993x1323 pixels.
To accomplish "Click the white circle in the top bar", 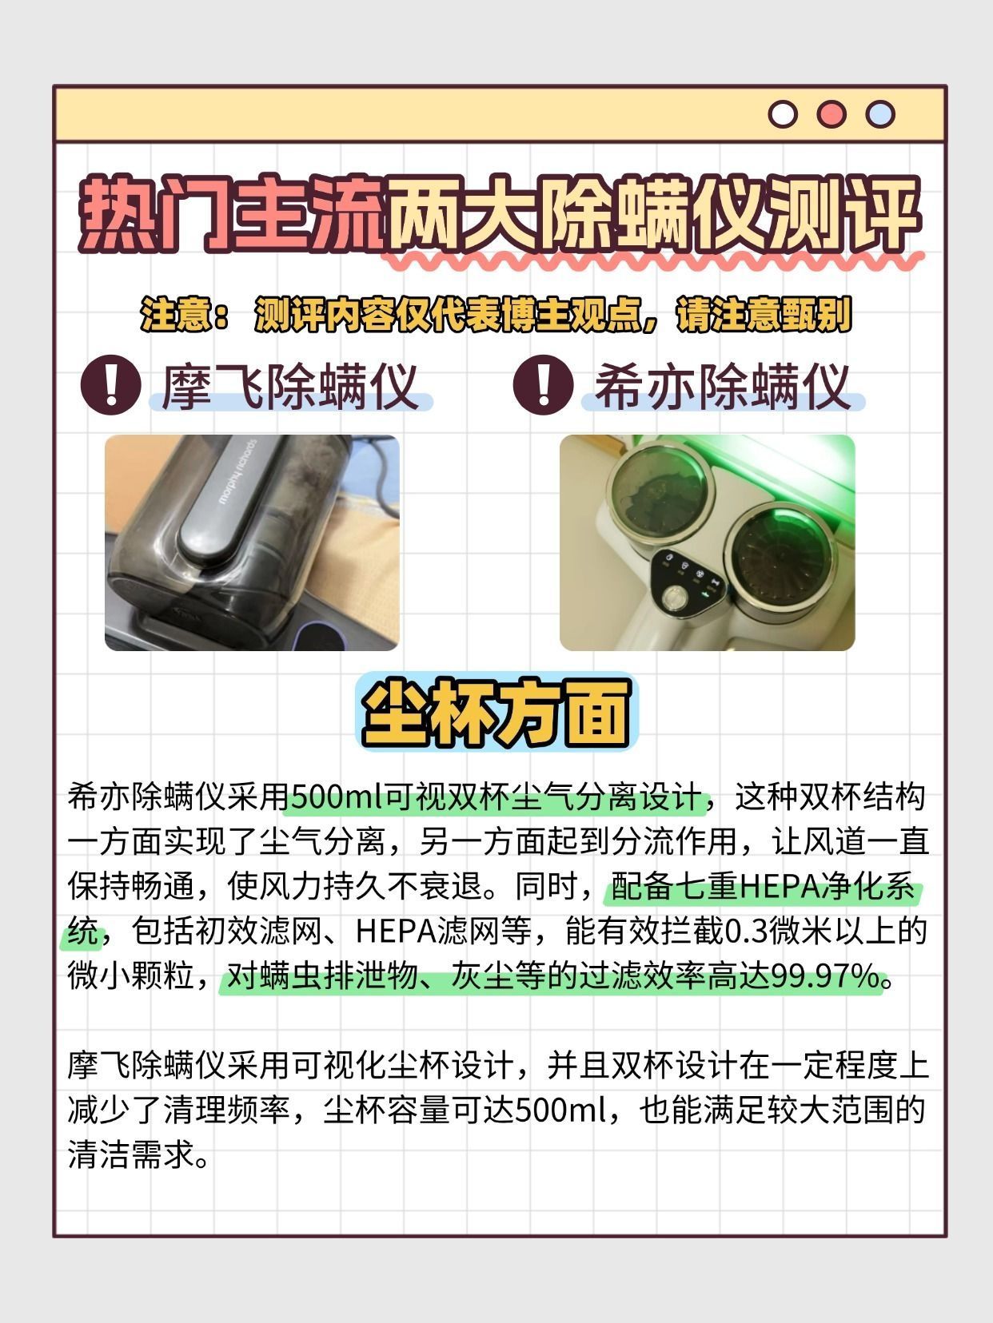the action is (x=783, y=114).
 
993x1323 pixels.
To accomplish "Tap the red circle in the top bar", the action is (x=831, y=114).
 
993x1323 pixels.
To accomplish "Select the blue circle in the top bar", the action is (x=879, y=114).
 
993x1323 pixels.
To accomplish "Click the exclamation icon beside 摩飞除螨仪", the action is (x=111, y=384).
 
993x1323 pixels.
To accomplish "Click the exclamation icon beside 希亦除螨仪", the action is (x=543, y=384).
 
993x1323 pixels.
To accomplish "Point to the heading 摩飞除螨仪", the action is (x=290, y=387).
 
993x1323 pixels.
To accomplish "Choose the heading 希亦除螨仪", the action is (x=722, y=387).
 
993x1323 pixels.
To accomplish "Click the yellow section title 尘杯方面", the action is (x=496, y=712).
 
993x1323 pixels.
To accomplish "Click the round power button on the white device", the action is (x=673, y=599).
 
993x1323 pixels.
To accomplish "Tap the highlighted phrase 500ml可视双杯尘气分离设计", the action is (x=496, y=797).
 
